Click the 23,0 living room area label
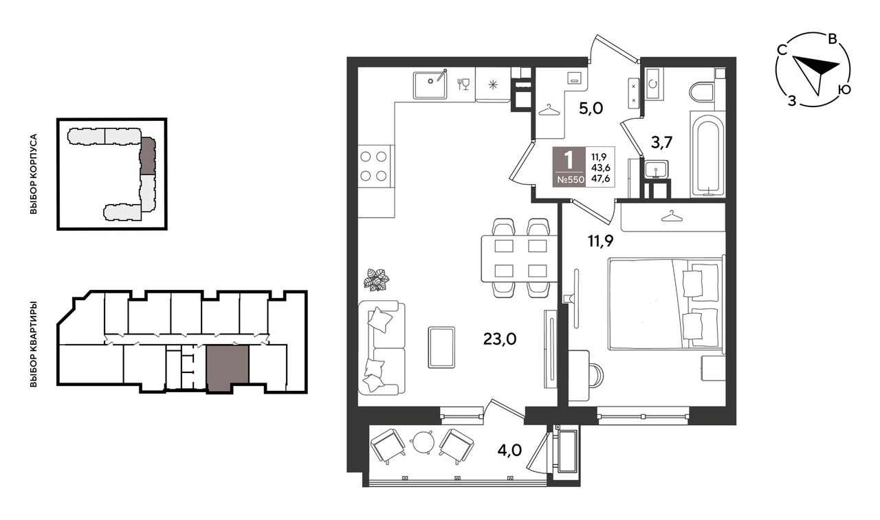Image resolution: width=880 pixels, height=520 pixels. [500, 339]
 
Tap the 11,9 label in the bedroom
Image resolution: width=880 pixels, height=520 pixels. [600, 241]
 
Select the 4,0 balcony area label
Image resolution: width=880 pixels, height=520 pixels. [509, 450]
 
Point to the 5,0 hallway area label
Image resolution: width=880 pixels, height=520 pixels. [591, 108]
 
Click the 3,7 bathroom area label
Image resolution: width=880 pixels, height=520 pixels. [661, 143]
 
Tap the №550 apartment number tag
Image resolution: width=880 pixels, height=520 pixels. [569, 180]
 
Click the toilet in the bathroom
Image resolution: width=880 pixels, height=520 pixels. [702, 91]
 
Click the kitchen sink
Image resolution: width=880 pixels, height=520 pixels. [430, 84]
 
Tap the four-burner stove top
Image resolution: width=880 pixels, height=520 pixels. [373, 166]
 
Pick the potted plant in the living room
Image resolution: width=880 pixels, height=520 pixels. [377, 280]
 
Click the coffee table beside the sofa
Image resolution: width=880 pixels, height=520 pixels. [441, 348]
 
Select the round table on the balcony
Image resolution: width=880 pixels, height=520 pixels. [422, 442]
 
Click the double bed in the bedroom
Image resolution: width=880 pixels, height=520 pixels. [665, 304]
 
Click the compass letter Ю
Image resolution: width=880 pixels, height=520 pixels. [844, 90]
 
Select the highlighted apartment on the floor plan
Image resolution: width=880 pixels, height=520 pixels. [228, 368]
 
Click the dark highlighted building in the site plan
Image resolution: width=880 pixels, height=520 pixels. [148, 156]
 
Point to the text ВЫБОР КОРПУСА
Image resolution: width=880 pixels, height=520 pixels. [34, 174]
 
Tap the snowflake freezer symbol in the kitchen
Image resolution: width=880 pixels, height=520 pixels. [493, 84]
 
